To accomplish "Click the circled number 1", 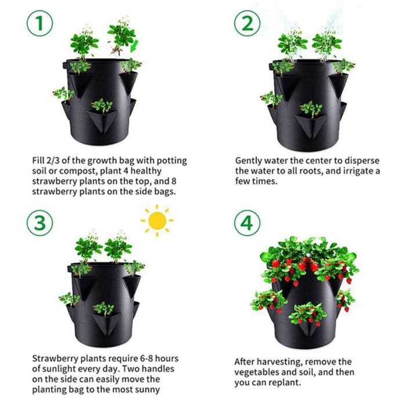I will pyautogui.click(x=39, y=24).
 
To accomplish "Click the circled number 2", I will pyautogui.click(x=247, y=24).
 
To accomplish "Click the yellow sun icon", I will pyautogui.click(x=157, y=221).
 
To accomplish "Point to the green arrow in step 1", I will pyautogui.click(x=135, y=45).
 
